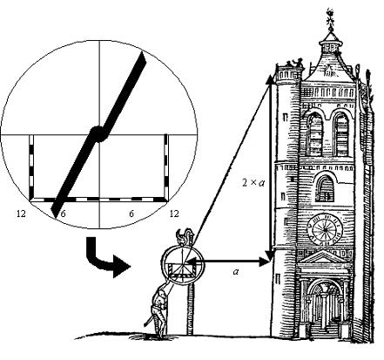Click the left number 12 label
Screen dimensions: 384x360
[x=21, y=214]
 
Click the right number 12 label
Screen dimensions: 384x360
[x=174, y=214]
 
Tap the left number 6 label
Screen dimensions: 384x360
[x=64, y=214]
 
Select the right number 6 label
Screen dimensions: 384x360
[x=131, y=214]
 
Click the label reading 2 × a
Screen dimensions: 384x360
[x=253, y=182]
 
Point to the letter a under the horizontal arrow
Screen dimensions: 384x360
[x=236, y=272]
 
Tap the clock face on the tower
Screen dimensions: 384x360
[x=325, y=229]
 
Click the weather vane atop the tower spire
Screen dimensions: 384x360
[x=330, y=20]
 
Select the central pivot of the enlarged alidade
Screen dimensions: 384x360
[x=98, y=134]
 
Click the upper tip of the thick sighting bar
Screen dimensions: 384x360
[x=142, y=52]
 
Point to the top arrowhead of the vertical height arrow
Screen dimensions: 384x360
[x=272, y=79]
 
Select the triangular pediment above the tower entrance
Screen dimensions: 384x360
[x=324, y=258]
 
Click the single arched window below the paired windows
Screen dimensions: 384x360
[x=325, y=187]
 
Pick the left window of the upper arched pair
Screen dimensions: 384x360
[x=315, y=134]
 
